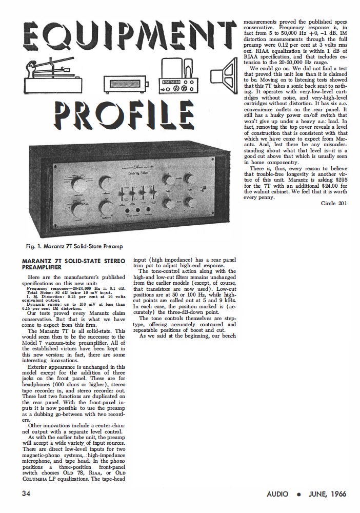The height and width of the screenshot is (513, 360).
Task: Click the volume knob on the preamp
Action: tap(108, 207)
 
